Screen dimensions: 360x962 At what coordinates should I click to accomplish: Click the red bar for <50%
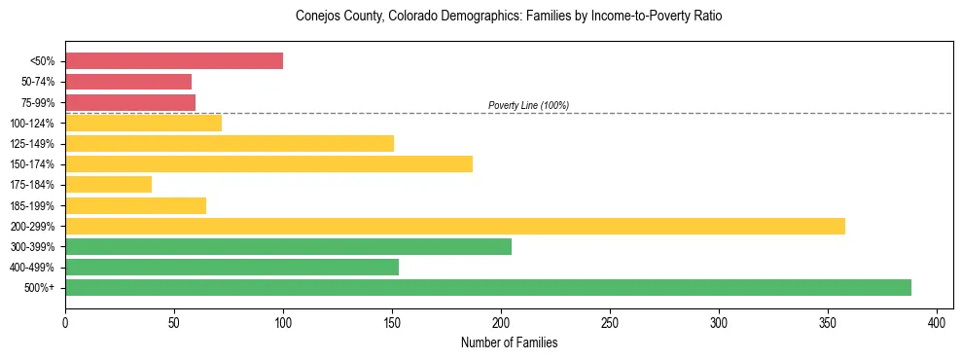(174, 61)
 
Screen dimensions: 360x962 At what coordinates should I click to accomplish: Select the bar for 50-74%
(128, 82)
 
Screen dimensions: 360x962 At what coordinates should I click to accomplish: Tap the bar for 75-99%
(130, 102)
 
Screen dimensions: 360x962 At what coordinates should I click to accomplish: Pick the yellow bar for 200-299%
(455, 226)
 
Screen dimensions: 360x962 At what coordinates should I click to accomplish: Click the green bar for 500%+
(488, 287)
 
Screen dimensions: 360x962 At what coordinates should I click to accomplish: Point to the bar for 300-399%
(288, 246)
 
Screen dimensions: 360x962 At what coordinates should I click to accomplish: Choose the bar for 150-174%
(268, 163)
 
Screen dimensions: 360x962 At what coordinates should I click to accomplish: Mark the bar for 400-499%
(232, 267)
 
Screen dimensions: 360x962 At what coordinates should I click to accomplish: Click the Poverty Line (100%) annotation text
(528, 105)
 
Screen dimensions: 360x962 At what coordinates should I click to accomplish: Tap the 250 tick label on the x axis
(610, 322)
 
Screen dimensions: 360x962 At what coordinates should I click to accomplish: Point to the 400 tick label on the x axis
(937, 322)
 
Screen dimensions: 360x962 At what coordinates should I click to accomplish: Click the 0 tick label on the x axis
(65, 322)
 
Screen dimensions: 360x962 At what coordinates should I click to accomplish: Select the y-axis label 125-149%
(33, 144)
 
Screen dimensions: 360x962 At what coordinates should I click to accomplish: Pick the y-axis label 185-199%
(33, 205)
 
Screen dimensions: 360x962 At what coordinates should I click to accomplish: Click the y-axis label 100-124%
(33, 124)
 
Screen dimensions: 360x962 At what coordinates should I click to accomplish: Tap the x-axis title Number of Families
(509, 342)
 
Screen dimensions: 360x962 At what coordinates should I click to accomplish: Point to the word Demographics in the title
(467, 17)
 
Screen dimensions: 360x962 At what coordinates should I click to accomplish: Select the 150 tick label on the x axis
(392, 322)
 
